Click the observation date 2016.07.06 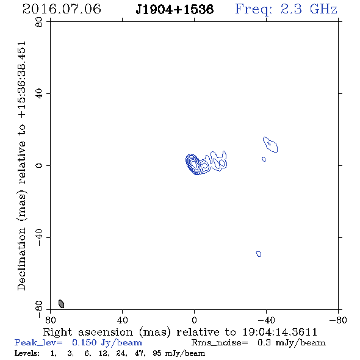pyautogui.click(x=62, y=9)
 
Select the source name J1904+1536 pyautogui.click(x=175, y=9)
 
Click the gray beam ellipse pyautogui.click(x=61, y=304)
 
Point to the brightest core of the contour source pyautogui.click(x=194, y=164)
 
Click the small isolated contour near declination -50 pyautogui.click(x=259, y=254)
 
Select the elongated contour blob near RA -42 pyautogui.click(x=270, y=145)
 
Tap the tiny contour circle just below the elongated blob pyautogui.click(x=264, y=159)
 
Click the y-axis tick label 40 pyautogui.click(x=39, y=94)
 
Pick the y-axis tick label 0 pyautogui.click(x=39, y=165)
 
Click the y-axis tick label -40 pyautogui.click(x=39, y=237)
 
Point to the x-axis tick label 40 pyautogui.click(x=122, y=320)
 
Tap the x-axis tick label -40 pyautogui.click(x=266, y=320)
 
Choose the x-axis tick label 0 pyautogui.click(x=194, y=320)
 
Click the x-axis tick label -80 pyautogui.click(x=338, y=320)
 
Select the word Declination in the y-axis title pyautogui.click(x=21, y=259)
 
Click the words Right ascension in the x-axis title pyautogui.click(x=88, y=332)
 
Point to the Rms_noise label pyautogui.click(x=220, y=343)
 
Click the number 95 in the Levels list pyautogui.click(x=157, y=353)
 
